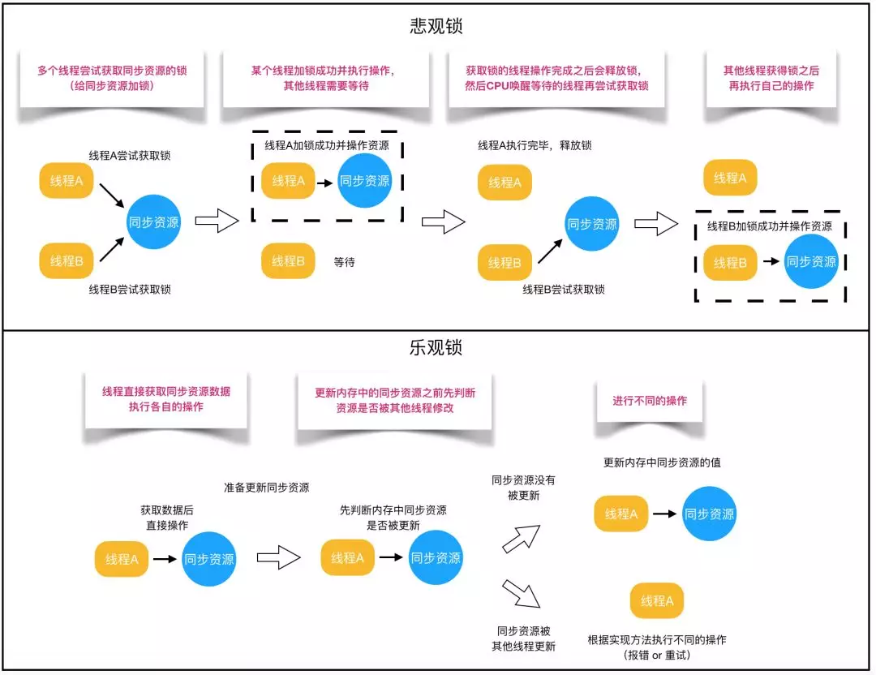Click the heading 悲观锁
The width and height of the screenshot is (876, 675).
[436, 26]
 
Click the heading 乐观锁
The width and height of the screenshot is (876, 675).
[436, 347]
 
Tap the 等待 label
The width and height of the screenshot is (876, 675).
[344, 262]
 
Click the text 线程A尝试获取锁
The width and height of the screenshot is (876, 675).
[130, 155]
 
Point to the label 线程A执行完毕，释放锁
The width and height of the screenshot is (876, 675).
[535, 145]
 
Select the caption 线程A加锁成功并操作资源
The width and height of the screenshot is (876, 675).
[327, 145]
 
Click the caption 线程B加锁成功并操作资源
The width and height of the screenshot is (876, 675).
[769, 226]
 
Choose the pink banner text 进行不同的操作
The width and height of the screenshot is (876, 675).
[649, 401]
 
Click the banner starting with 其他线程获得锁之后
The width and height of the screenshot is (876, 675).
[771, 78]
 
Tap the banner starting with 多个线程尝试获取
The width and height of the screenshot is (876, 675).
[112, 78]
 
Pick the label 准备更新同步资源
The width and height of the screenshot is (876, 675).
[267, 488]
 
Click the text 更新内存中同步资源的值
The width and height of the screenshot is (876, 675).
[662, 462]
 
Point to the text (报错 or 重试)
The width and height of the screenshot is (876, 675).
[657, 655]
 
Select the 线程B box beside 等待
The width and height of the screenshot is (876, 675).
[288, 261]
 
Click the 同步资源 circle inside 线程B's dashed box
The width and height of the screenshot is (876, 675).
[811, 261]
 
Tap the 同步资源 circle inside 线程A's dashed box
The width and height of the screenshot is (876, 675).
[365, 180]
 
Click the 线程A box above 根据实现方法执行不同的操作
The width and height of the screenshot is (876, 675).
[657, 600]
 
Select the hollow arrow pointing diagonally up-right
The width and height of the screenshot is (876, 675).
[522, 539]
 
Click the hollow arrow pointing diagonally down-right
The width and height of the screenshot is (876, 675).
[522, 593]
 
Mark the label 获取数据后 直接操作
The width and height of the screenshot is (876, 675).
[167, 518]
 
